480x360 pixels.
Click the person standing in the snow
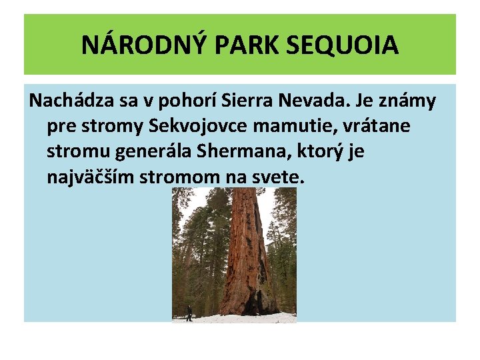[189, 312]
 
